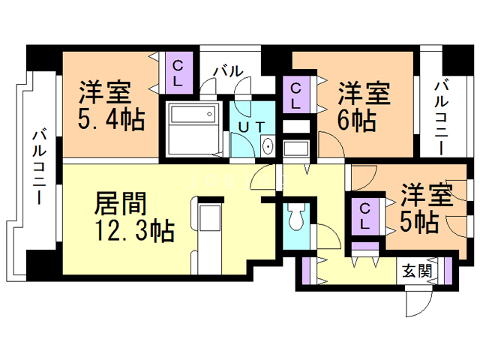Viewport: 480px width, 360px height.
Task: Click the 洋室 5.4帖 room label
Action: [x=111, y=105]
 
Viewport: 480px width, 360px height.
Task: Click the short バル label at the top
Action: [x=228, y=72]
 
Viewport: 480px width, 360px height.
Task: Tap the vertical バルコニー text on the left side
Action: [x=39, y=167]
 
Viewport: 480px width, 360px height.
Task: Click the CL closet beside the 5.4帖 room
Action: [x=180, y=70]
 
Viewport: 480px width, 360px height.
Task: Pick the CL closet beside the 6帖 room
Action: [x=295, y=95]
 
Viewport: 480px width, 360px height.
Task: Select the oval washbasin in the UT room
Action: [x=268, y=146]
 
